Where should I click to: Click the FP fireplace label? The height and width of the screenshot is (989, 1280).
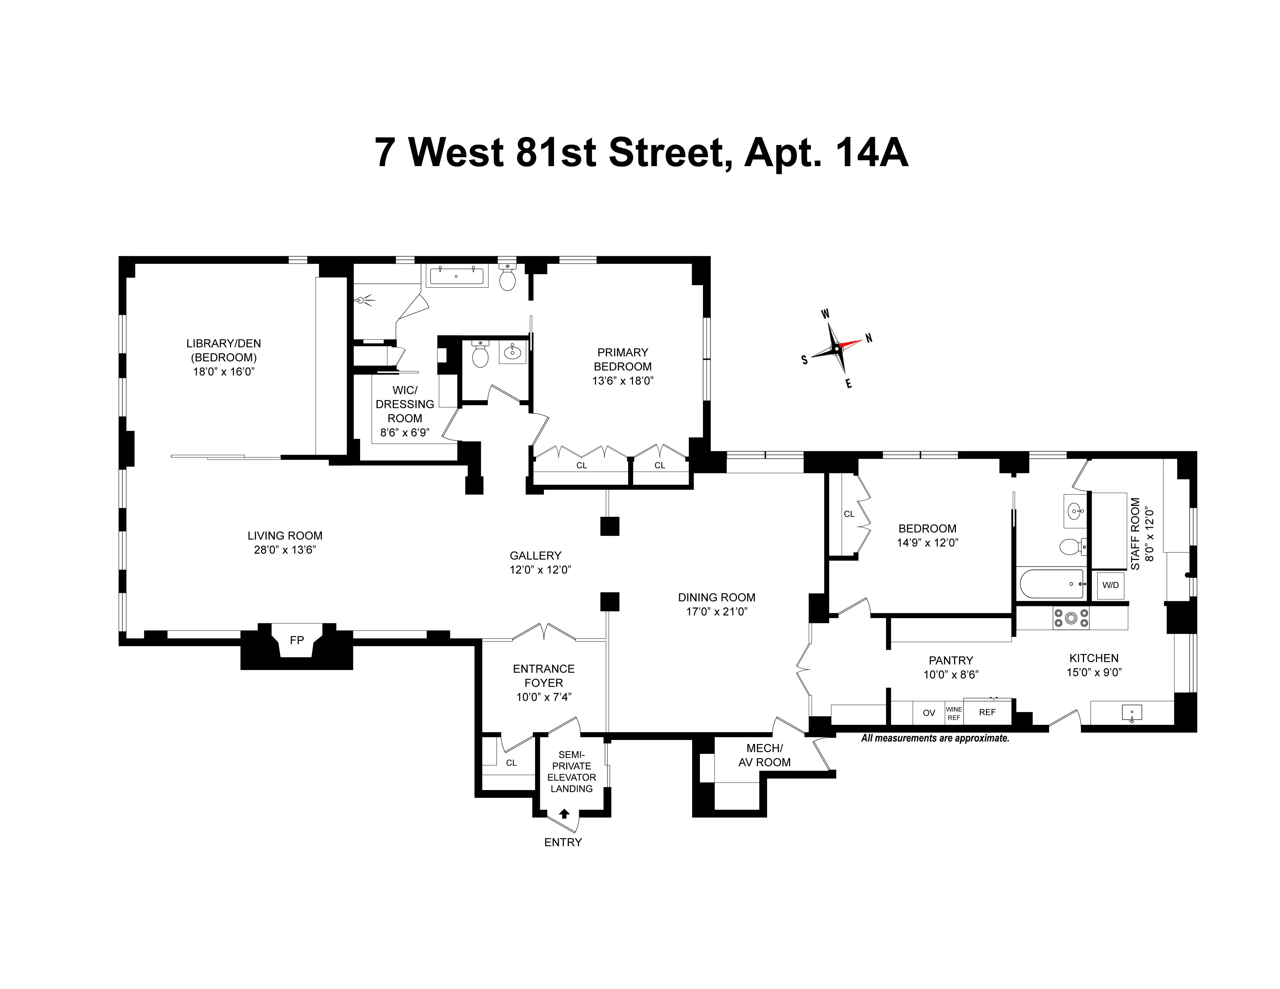point(296,640)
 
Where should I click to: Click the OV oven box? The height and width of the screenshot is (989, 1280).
point(928,713)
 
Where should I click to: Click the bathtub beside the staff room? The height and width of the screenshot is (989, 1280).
point(1052,584)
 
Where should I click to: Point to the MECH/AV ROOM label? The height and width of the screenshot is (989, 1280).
point(764,755)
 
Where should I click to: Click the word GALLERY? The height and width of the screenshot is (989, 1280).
point(535,556)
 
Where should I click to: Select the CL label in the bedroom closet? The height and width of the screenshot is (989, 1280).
point(848,514)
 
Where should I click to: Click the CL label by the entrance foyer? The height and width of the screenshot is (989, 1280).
point(511,763)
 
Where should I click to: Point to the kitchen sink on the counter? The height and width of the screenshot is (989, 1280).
point(1131,713)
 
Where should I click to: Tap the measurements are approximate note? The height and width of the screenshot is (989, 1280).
point(935,738)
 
